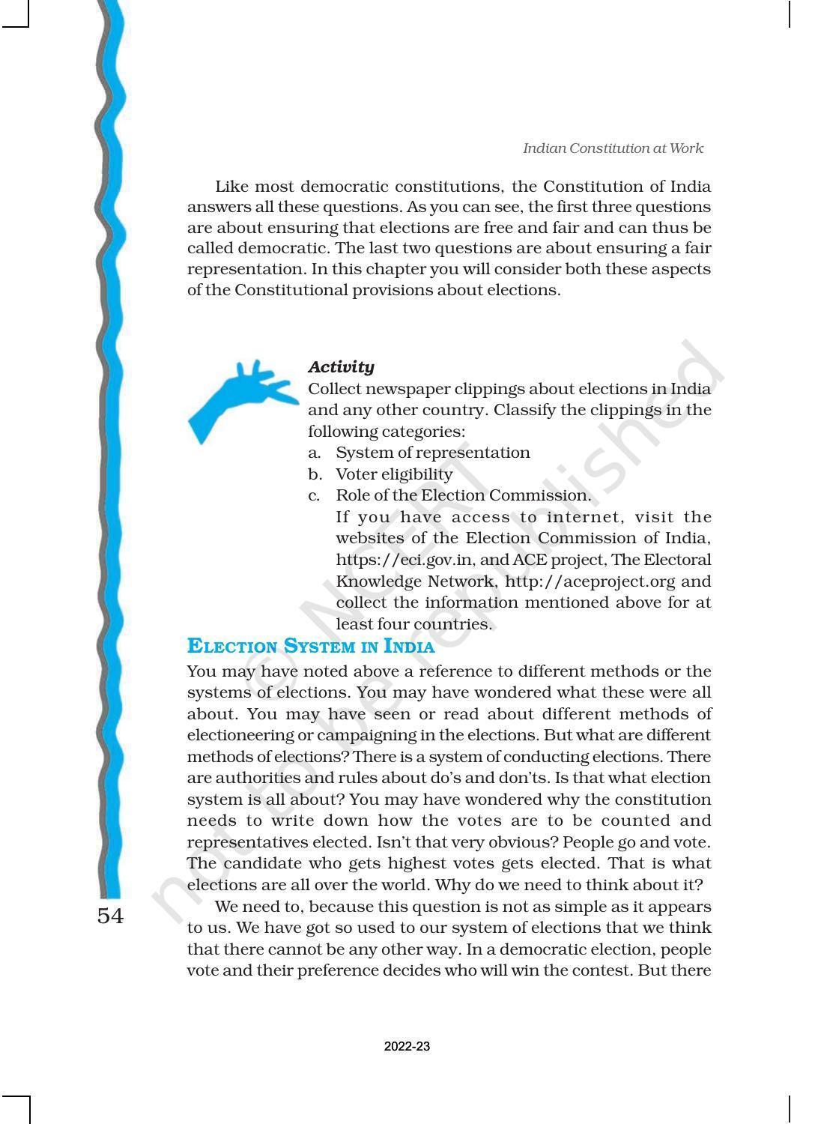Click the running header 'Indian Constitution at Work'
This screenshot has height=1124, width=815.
(612, 148)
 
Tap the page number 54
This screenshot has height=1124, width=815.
(110, 916)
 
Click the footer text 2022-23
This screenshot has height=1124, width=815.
(407, 1046)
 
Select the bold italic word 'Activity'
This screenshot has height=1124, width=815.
(341, 367)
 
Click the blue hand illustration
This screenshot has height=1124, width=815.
(238, 397)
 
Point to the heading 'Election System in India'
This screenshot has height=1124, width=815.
(310, 646)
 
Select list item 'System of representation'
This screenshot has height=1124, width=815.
(432, 453)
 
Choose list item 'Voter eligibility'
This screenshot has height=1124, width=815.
(394, 474)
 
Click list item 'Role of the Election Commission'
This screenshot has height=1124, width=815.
(462, 495)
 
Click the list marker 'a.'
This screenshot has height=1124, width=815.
(315, 453)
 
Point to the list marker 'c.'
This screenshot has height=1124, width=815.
(315, 495)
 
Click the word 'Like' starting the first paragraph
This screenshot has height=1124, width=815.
(231, 187)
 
